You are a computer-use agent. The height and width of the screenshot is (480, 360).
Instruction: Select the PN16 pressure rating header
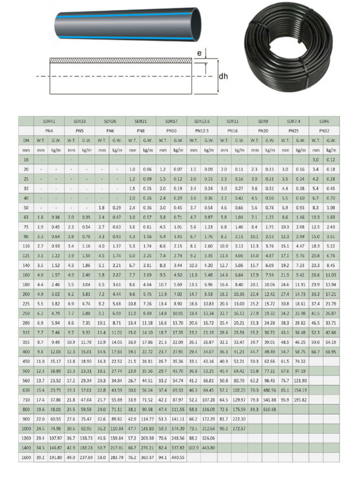click(x=232, y=131)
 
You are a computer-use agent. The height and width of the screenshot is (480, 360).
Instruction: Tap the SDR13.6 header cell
click(x=202, y=121)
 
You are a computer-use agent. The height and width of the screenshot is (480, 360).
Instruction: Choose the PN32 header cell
click(x=324, y=131)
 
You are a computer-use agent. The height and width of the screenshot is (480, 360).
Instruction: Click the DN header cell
click(x=26, y=140)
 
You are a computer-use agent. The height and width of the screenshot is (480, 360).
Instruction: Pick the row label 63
click(x=26, y=217)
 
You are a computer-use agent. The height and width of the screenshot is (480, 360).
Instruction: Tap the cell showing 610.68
click(x=270, y=409)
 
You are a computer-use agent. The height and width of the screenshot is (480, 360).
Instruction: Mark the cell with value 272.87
click(x=240, y=428)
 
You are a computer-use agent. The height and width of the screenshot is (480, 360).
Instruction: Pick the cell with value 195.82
click(x=300, y=399)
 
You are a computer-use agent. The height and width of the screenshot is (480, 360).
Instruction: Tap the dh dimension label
click(x=224, y=75)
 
